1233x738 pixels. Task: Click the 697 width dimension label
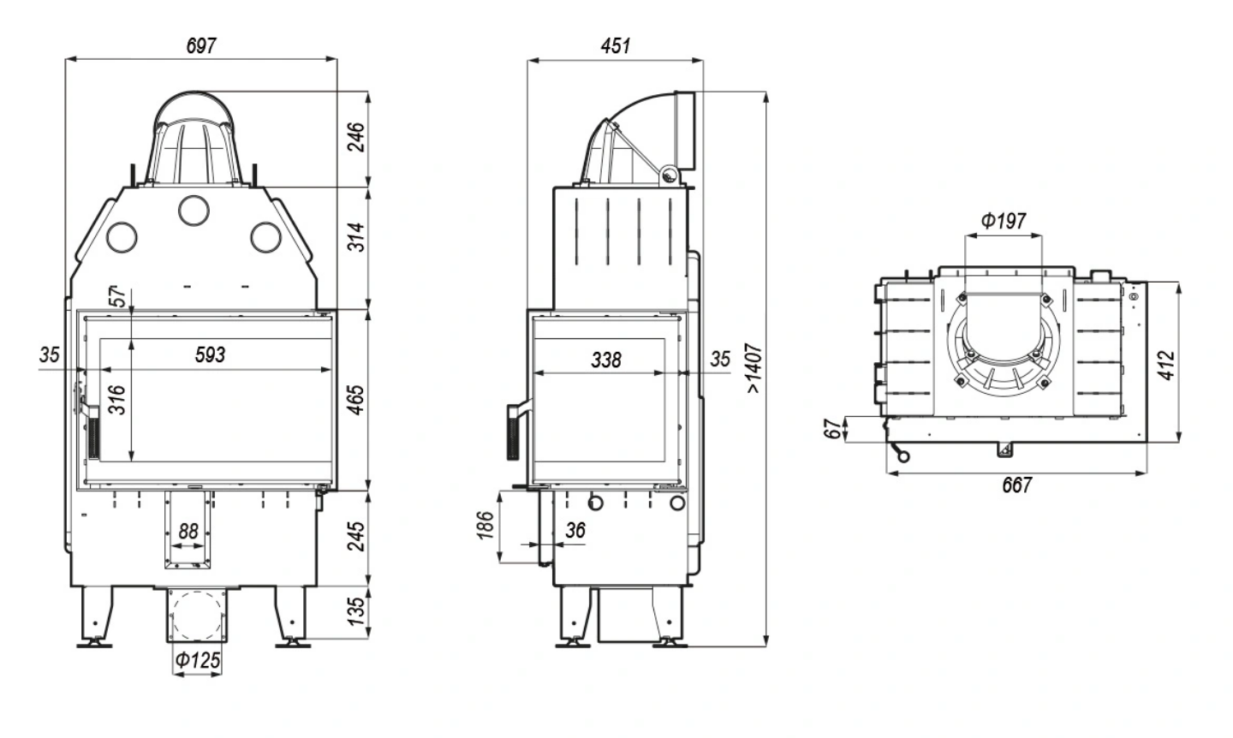(x=201, y=45)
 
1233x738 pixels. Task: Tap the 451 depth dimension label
(x=615, y=45)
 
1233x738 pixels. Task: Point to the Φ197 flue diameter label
(x=1003, y=221)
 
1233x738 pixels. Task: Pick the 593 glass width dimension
(x=210, y=353)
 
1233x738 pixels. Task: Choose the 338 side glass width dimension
(x=605, y=360)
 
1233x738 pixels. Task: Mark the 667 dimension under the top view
(x=1016, y=485)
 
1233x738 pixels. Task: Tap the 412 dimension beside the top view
(x=1166, y=362)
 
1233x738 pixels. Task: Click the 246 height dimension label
(x=357, y=137)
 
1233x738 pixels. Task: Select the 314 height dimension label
(x=357, y=237)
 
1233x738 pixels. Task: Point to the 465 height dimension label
(x=357, y=399)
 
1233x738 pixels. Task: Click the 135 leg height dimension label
(x=357, y=609)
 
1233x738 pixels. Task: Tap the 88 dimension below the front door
(x=188, y=532)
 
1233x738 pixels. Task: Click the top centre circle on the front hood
(x=194, y=208)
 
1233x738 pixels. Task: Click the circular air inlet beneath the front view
(x=198, y=616)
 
